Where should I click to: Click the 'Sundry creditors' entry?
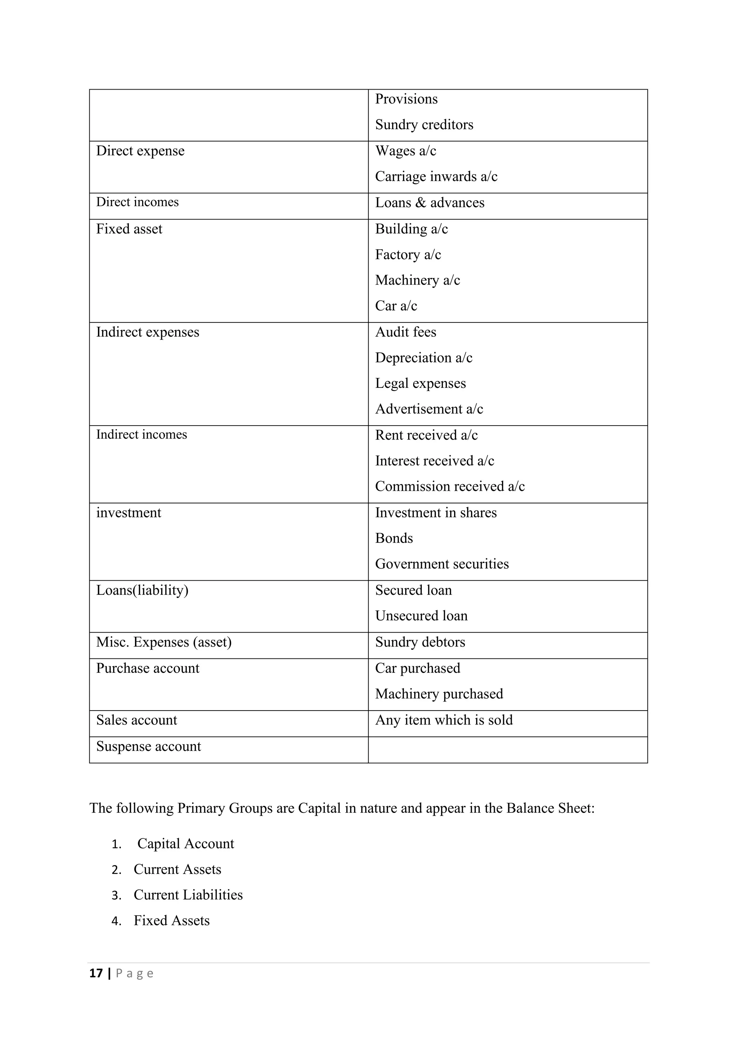(424, 125)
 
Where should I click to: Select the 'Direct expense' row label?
(140, 151)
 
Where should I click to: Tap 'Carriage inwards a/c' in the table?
(436, 177)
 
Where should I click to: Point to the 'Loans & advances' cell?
(429, 203)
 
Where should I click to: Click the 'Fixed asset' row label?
(129, 229)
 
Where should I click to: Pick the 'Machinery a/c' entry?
(417, 280)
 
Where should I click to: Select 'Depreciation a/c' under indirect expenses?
(424, 358)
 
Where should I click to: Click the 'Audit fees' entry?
(405, 332)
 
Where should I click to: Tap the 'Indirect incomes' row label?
(141, 435)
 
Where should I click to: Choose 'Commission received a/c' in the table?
(450, 486)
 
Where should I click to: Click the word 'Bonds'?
(394, 538)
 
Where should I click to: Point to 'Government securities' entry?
(442, 564)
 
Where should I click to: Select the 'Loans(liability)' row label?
(142, 590)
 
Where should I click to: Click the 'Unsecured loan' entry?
(421, 616)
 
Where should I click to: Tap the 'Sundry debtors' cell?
(420, 642)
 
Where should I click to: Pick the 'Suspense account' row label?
(148, 747)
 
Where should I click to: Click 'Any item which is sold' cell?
(443, 720)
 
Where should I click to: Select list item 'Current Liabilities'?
(188, 895)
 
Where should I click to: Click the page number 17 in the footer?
(96, 974)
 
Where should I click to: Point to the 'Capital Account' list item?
(185, 844)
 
